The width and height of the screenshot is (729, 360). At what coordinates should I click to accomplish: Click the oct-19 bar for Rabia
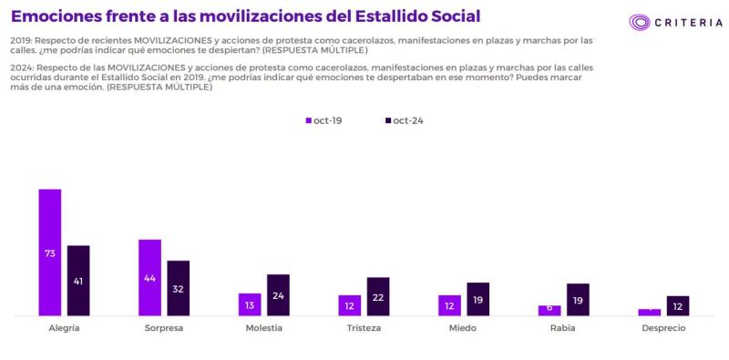tap(549, 311)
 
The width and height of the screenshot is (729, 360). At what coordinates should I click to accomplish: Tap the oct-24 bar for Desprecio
tap(678, 306)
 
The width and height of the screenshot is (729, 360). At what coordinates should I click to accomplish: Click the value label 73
tap(49, 252)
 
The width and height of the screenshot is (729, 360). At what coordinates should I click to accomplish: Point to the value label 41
tap(78, 281)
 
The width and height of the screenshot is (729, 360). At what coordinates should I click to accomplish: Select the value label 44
tap(149, 277)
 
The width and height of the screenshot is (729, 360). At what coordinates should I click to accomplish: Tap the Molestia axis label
tap(263, 328)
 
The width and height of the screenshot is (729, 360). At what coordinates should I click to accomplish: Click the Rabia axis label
tap(563, 328)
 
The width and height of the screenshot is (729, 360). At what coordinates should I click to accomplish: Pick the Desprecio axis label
tap(662, 328)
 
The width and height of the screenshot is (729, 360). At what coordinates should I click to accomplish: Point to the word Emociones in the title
tap(54, 16)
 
